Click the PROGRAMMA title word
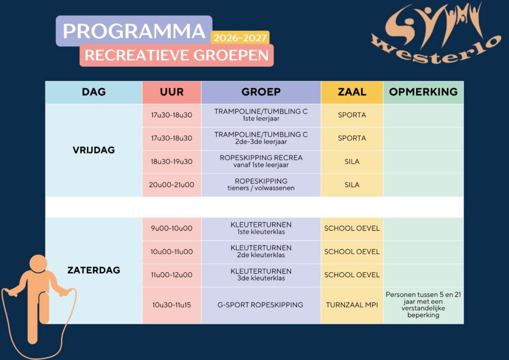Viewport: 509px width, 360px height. click(x=134, y=31)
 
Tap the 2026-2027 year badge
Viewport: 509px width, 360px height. click(x=240, y=38)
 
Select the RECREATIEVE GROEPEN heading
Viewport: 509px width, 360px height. click(x=176, y=55)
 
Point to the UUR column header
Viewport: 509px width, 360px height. click(x=171, y=92)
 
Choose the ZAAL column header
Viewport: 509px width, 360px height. click(x=352, y=92)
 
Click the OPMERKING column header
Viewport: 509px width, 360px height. click(x=424, y=92)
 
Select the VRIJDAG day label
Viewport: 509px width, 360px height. click(x=94, y=150)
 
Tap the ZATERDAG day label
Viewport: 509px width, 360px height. click(x=94, y=270)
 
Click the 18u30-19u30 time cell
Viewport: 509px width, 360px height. click(x=171, y=162)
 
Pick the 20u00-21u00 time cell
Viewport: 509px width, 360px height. click(x=171, y=184)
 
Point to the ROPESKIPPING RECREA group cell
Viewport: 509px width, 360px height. click(x=261, y=161)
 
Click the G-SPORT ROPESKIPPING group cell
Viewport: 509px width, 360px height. click(x=261, y=305)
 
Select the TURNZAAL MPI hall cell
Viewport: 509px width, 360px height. click(x=352, y=305)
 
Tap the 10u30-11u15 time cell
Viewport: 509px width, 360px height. click(x=171, y=305)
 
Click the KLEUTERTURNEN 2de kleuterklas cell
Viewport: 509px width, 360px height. click(x=261, y=252)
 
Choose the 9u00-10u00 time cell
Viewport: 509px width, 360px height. click(x=171, y=228)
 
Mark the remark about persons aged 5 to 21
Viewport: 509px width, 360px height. click(x=424, y=304)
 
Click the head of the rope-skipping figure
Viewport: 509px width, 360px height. click(x=38, y=263)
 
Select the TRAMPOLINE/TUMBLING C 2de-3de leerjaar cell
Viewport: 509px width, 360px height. click(x=261, y=138)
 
